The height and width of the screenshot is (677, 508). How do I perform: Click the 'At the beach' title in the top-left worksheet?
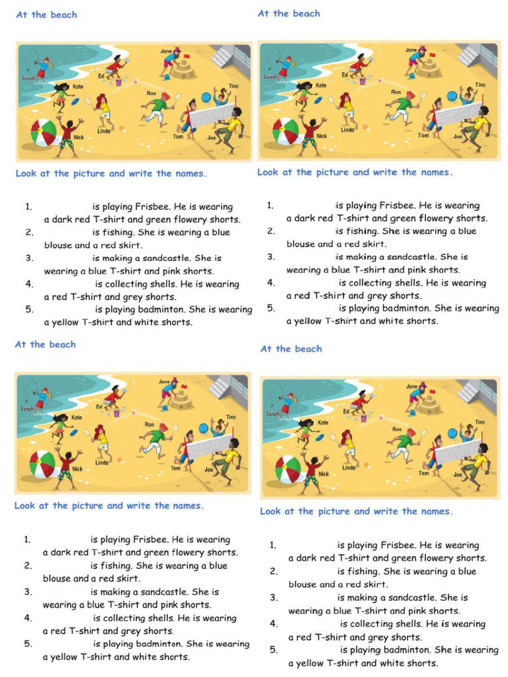pos(46,15)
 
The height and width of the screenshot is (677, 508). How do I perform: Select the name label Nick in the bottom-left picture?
pos(77,469)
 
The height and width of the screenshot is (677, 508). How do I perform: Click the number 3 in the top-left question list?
pos(29,258)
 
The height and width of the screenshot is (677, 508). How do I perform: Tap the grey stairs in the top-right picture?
pos(471,56)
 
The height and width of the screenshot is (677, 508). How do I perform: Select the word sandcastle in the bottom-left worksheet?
pos(165,592)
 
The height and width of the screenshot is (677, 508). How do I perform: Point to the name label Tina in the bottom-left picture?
pos(231,417)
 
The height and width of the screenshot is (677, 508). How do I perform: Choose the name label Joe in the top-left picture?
pos(212,138)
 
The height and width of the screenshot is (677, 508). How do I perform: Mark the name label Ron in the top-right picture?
pos(396,92)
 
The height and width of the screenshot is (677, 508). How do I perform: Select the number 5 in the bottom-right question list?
pos(273,650)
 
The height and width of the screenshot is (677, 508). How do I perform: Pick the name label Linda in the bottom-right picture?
pos(349,467)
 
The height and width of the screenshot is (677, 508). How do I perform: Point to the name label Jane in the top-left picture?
pos(166,51)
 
